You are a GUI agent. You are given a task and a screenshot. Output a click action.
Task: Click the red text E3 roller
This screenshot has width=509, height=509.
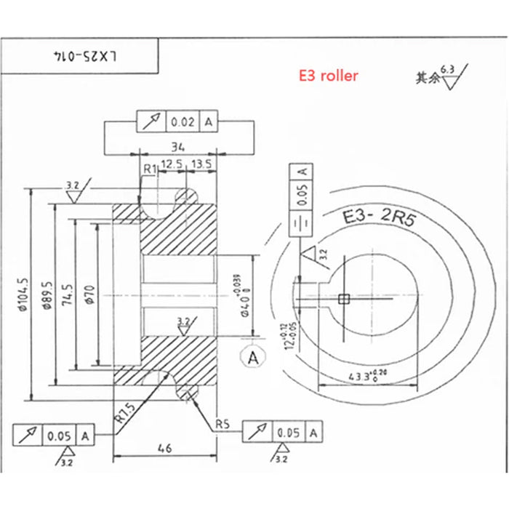[x=329, y=75]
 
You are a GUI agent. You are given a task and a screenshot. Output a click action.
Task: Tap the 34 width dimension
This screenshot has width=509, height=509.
[x=177, y=145]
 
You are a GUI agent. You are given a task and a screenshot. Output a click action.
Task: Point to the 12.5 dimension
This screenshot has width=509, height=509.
[x=172, y=165]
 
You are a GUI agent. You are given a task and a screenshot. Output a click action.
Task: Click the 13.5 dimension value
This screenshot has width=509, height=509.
[x=200, y=165]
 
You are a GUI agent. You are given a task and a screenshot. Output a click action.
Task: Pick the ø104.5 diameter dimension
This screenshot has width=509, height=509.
[x=25, y=294]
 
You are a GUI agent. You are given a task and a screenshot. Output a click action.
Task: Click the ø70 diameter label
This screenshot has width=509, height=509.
[x=89, y=294]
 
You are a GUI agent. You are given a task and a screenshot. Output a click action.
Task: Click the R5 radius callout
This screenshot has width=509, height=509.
[x=222, y=423]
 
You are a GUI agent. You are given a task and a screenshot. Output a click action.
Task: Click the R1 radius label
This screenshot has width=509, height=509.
[x=149, y=169]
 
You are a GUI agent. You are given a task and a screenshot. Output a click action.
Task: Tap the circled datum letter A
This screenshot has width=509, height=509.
[x=253, y=357]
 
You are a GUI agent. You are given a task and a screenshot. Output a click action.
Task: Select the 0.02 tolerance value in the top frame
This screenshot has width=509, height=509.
[x=183, y=122]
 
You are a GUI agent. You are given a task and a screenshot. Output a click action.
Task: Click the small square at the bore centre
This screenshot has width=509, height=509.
[x=345, y=298]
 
